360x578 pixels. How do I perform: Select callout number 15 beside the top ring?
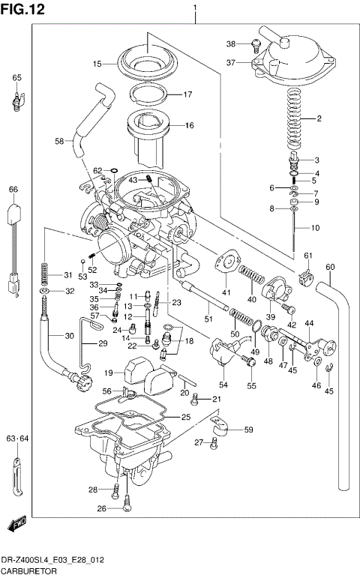tap(97, 64)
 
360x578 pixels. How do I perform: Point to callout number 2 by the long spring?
tap(319, 118)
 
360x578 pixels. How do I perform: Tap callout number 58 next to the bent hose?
tap(60, 140)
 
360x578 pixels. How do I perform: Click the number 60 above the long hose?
tap(330, 267)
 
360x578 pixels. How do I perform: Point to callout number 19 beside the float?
tap(108, 373)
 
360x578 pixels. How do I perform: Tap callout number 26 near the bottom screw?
tap(103, 508)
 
